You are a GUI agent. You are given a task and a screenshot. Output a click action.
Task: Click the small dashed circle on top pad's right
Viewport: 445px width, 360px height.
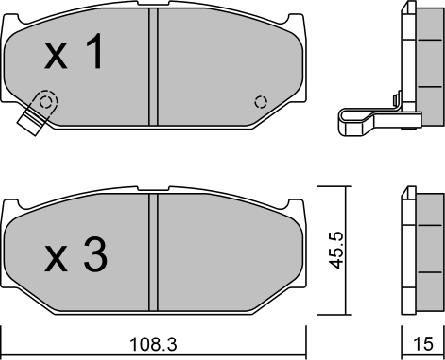click(261, 101)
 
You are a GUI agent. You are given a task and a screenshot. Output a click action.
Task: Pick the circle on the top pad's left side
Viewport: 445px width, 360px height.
click(43, 103)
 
